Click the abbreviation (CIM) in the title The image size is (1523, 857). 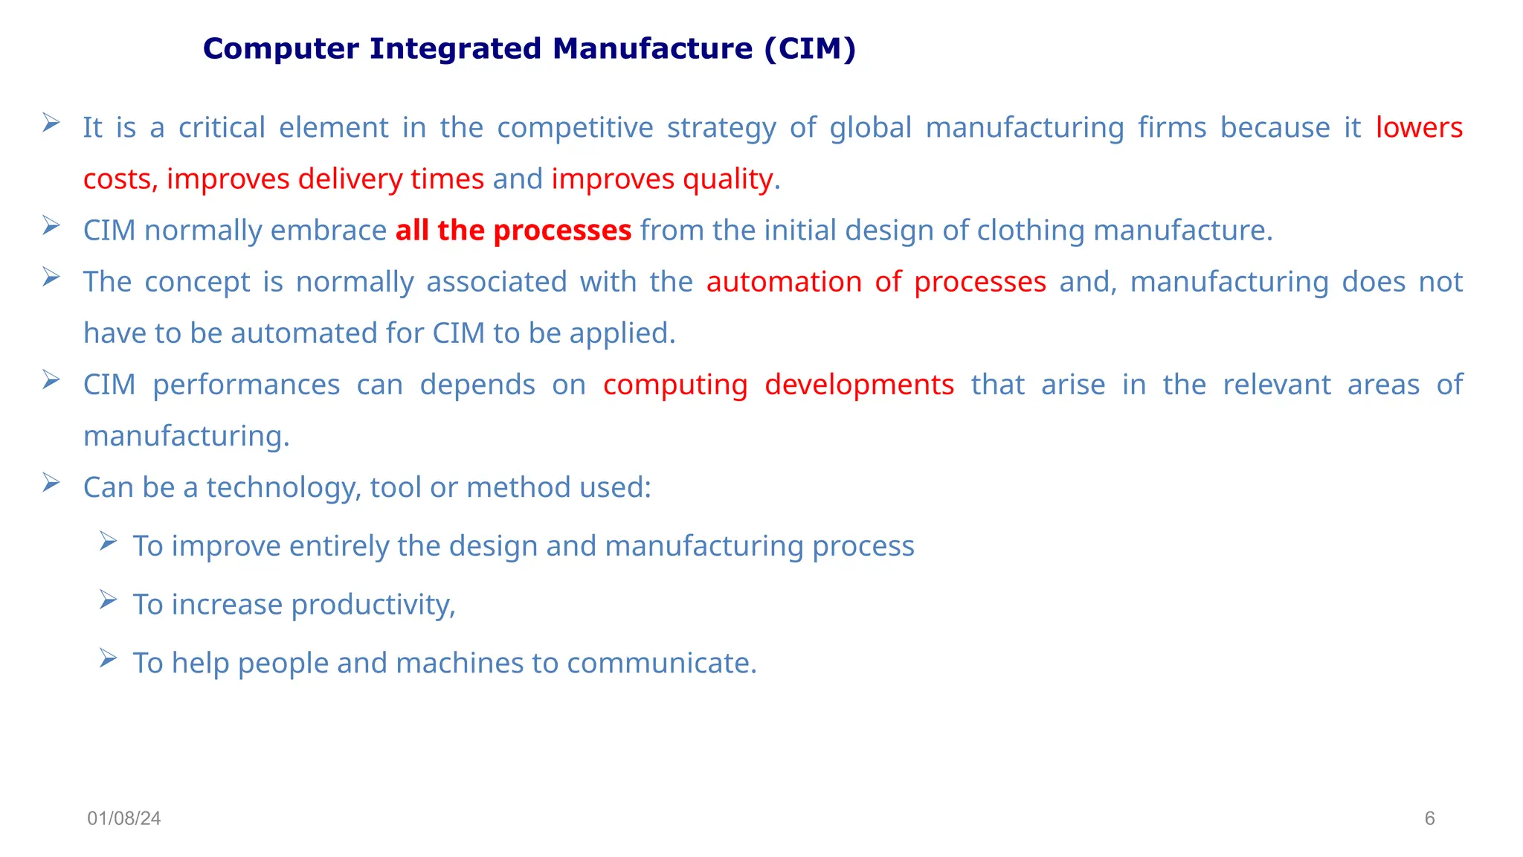pos(810,49)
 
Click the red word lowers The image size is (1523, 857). pos(1419,128)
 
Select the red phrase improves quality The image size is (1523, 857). pos(662,179)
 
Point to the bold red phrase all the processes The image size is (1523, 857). pos(513,231)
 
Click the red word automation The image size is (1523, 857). pos(783,282)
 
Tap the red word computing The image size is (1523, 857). pos(675,385)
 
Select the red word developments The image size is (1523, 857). pos(859,385)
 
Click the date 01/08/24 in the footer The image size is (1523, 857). pos(124,818)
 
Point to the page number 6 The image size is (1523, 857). pos(1429,818)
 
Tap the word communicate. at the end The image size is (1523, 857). pos(662,663)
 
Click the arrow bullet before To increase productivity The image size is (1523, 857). pos(108,600)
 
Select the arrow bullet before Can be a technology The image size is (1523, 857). pos(51,483)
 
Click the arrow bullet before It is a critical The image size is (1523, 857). pos(51,123)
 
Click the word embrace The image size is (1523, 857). pos(329,231)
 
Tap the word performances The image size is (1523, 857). pos(246,385)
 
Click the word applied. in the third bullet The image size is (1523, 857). pos(622,333)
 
